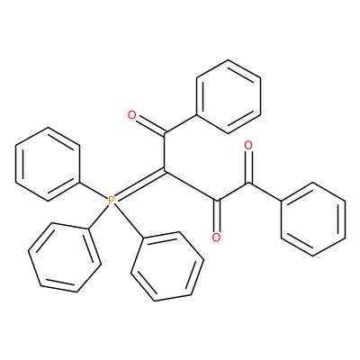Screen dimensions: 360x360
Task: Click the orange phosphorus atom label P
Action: point(111,200)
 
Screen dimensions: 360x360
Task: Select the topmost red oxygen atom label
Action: point(132,115)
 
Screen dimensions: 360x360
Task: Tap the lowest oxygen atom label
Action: point(216,238)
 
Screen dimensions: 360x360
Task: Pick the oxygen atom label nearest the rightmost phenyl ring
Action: point(248,146)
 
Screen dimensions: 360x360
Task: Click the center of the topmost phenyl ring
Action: point(229,96)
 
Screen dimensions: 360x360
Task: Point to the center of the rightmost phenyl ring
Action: point(313,219)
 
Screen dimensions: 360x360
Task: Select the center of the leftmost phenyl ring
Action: point(48,164)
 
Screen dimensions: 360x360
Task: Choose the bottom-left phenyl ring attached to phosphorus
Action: point(65,257)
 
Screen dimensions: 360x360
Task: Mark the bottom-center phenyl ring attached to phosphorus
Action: point(167,266)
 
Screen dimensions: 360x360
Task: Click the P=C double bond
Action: point(139,185)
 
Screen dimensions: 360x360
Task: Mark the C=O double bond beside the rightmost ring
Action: point(248,166)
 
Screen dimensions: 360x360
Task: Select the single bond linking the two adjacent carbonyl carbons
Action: point(233,192)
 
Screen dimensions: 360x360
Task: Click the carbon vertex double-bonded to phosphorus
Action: point(164,171)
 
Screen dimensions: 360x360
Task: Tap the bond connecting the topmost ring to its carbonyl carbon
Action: point(180,124)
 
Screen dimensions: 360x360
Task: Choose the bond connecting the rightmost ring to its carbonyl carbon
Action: point(265,192)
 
